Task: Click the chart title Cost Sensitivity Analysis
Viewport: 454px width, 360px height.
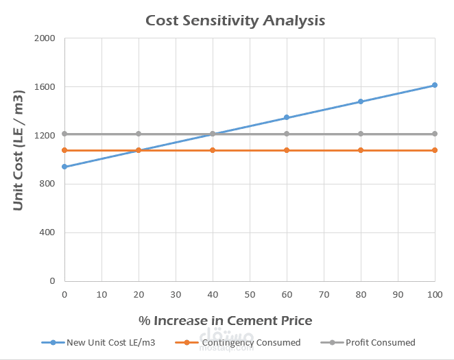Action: (x=235, y=21)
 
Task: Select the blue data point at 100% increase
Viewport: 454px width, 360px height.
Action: (x=435, y=85)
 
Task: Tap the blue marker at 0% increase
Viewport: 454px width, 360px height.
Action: (x=64, y=167)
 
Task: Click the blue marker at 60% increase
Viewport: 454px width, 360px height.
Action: (x=287, y=118)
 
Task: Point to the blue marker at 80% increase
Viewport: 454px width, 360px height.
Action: (x=361, y=101)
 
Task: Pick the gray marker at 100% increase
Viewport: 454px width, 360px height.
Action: (x=435, y=134)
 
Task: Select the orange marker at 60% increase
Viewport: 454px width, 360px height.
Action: (x=287, y=150)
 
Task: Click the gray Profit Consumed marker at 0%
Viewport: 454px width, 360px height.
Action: (x=64, y=134)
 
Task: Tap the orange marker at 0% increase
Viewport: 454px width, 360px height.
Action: (x=64, y=150)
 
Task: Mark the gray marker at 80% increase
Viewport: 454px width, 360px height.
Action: (x=361, y=134)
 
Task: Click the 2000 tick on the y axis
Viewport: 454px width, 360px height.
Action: (x=45, y=38)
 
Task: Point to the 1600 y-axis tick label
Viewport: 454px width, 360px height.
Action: (x=45, y=87)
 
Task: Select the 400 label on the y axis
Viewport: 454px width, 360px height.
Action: (x=47, y=232)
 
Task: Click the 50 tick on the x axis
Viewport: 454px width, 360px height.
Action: (x=250, y=294)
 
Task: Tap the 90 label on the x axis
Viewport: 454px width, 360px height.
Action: (x=398, y=294)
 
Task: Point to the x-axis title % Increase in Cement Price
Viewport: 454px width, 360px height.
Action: (x=225, y=320)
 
